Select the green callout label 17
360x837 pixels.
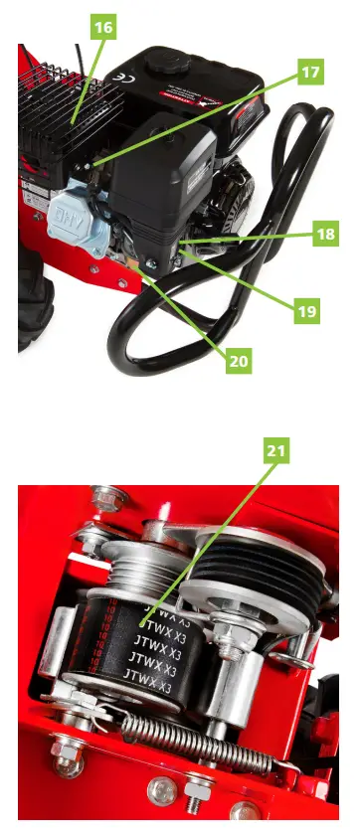pyautogui.click(x=310, y=72)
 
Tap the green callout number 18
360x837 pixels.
pyautogui.click(x=325, y=235)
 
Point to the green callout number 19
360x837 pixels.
pyautogui.click(x=307, y=311)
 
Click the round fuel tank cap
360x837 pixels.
pyautogui.click(x=162, y=61)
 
